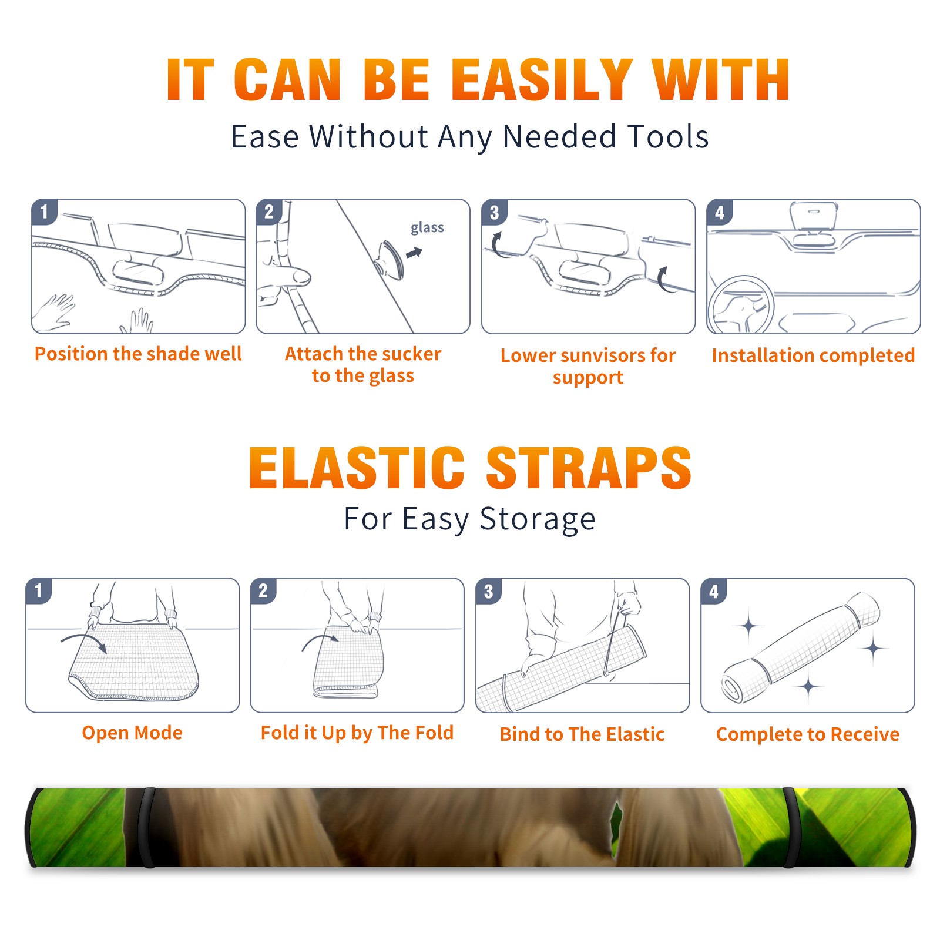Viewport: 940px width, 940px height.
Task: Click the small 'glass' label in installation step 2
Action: [427, 228]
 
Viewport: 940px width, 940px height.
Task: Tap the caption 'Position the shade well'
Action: [138, 354]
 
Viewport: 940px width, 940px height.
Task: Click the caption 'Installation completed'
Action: [813, 355]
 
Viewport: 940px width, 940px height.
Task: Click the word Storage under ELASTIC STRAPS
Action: [538, 520]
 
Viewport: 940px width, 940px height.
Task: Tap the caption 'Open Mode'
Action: [132, 733]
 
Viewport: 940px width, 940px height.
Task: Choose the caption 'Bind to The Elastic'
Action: [582, 734]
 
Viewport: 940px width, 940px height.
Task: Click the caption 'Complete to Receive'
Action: [808, 734]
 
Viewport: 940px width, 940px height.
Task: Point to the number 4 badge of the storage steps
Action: [714, 591]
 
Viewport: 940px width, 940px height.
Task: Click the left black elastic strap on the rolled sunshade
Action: [147, 827]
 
